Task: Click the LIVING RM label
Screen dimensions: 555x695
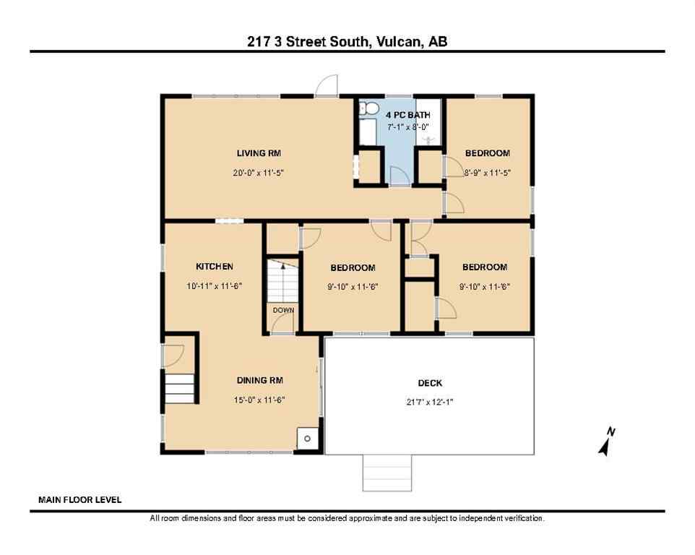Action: tap(259, 153)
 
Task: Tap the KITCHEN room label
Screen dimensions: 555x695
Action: tap(214, 267)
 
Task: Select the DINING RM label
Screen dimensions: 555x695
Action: tap(259, 380)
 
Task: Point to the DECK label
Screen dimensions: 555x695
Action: tap(430, 383)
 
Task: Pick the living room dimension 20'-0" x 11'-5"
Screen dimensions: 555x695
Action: tap(259, 173)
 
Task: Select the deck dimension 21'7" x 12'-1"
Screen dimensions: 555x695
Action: tap(430, 402)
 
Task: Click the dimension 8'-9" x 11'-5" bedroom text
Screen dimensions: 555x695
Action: tap(488, 173)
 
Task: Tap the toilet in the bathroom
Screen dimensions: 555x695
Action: tap(368, 108)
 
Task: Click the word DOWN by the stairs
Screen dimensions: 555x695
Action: tap(283, 310)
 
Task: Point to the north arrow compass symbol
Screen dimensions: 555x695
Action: tap(606, 442)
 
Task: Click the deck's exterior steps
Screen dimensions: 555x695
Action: tap(387, 473)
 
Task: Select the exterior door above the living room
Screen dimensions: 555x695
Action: tap(327, 86)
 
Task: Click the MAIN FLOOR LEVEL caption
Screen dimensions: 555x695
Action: tap(79, 499)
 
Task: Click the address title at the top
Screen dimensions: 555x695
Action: tap(347, 42)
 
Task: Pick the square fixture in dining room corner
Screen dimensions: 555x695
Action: tap(306, 438)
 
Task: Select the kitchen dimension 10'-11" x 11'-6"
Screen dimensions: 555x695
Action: tap(214, 286)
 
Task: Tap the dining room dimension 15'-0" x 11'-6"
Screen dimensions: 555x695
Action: tap(259, 400)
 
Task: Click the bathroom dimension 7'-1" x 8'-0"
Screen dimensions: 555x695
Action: tap(408, 126)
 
